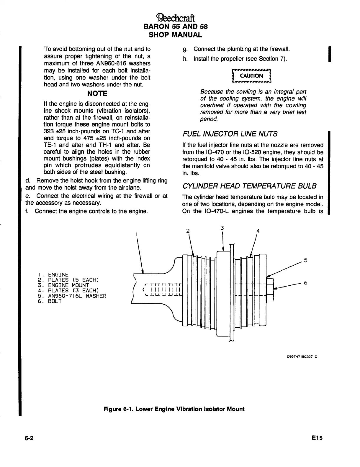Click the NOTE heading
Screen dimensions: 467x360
click(97, 94)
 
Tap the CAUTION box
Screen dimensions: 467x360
click(252, 76)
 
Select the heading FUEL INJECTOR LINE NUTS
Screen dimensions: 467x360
click(230, 134)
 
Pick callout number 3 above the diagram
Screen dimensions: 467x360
click(222, 228)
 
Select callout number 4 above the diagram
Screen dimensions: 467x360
click(258, 231)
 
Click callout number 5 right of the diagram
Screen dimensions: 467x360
click(306, 261)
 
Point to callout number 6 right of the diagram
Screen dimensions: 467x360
click(306, 283)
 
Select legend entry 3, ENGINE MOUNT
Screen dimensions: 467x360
click(63, 285)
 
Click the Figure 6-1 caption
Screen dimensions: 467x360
click(174, 409)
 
